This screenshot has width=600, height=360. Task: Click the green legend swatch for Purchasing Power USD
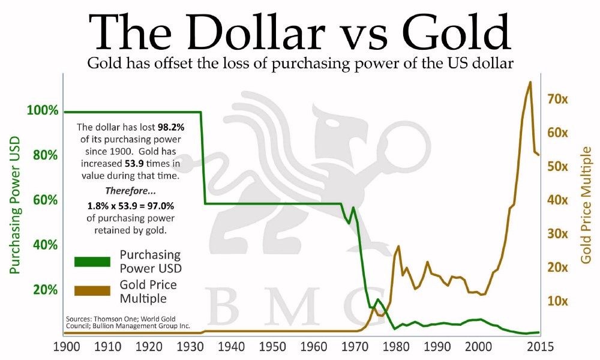(x=92, y=262)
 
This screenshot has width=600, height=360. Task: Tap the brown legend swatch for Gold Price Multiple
(x=92, y=291)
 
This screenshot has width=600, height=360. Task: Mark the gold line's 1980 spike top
(x=399, y=246)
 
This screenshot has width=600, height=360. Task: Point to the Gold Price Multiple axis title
(x=586, y=204)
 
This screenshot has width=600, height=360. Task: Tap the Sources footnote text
(x=129, y=322)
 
